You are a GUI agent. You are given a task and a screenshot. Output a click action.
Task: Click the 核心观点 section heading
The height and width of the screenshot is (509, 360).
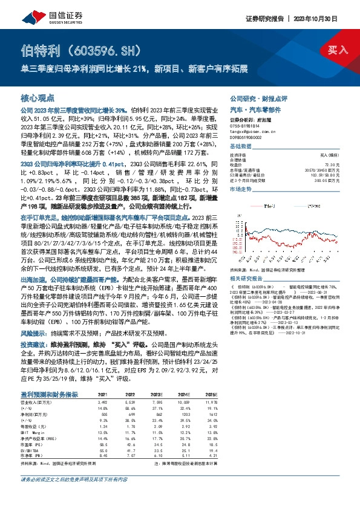click(x=38, y=97)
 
